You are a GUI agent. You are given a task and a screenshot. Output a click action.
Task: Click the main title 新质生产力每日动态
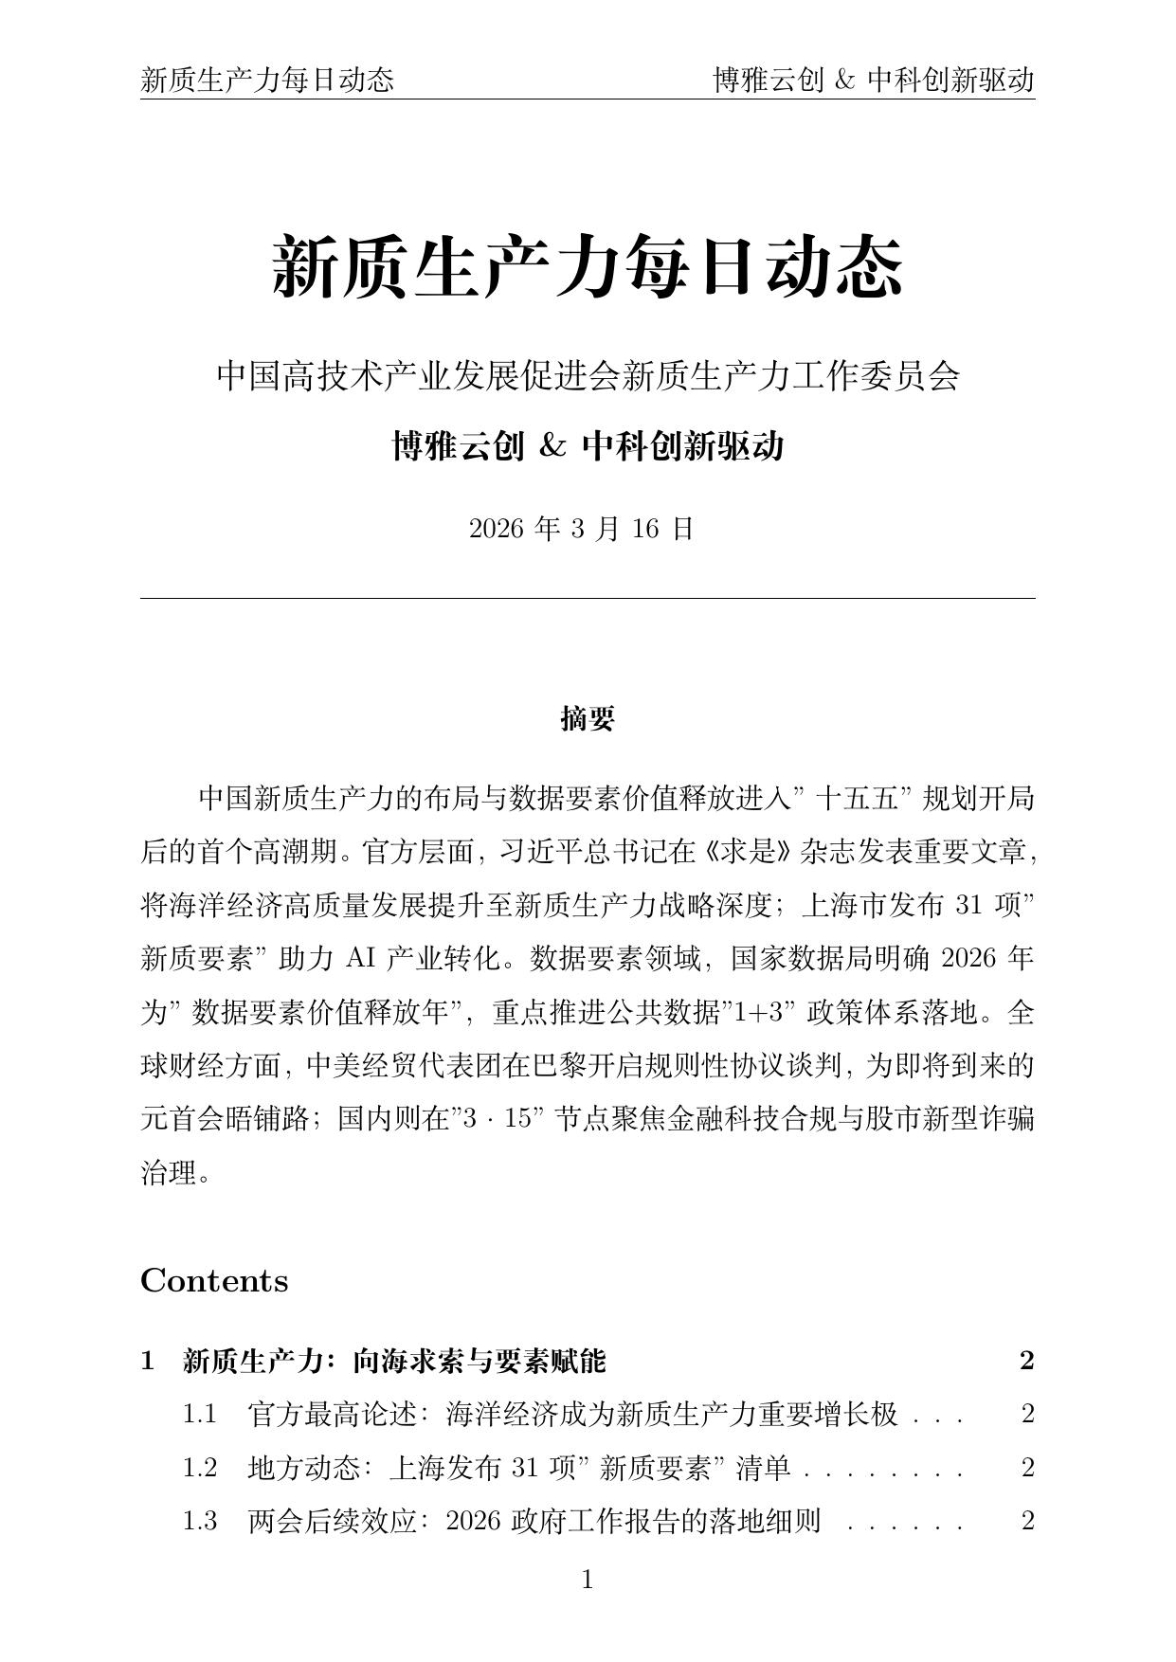588,268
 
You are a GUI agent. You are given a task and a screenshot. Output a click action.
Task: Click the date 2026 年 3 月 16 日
582,529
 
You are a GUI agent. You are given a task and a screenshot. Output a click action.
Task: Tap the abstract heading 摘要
588,719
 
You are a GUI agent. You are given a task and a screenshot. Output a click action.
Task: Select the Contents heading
214,1281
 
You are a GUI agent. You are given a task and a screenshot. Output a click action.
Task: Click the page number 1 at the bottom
588,1580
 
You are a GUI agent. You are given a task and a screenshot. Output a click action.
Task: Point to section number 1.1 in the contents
200,1415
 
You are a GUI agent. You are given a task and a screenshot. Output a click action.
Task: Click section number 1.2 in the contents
200,1468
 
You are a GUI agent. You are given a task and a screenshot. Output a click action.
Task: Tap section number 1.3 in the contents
200,1521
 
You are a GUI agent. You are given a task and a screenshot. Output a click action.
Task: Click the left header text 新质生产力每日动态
267,81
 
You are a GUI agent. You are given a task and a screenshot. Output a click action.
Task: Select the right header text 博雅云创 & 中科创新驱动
873,81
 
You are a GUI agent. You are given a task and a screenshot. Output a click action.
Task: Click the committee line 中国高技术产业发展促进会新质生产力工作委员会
588,376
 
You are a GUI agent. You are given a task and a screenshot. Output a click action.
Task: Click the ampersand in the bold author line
552,445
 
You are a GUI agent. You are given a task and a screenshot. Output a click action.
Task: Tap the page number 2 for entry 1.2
1027,1468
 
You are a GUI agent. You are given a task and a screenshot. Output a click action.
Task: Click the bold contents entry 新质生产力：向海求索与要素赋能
393,1362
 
